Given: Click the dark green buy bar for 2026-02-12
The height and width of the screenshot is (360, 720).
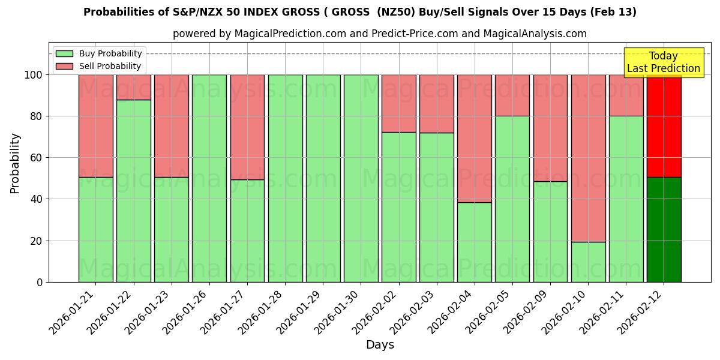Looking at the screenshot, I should [664, 229].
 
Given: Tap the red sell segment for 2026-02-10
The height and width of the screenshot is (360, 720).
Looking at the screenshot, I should [588, 158].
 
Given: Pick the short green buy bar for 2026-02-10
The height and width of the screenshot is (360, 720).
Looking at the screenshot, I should [588, 262].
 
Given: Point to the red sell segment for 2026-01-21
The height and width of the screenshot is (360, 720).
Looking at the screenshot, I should [95, 125].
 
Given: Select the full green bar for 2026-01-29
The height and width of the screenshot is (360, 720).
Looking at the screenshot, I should [323, 178].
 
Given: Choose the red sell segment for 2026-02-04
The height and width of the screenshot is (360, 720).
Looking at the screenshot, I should [474, 138].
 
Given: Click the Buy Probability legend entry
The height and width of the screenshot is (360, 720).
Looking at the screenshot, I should [98, 53].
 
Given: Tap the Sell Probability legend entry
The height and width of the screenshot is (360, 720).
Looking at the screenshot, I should [98, 66].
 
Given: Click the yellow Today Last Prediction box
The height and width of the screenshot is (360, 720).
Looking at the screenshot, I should [663, 62].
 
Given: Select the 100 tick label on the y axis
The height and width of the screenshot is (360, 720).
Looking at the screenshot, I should [34, 75].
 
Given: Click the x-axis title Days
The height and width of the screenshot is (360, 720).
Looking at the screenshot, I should [380, 345].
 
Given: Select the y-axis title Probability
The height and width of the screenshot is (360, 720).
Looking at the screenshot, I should [15, 163].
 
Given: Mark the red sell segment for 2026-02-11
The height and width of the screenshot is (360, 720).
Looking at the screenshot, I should [626, 95].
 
